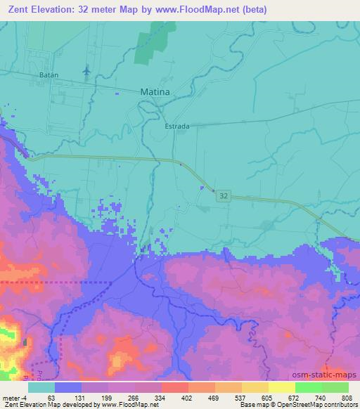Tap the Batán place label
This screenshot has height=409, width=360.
(48, 74)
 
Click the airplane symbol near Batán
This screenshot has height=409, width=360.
(86, 71)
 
